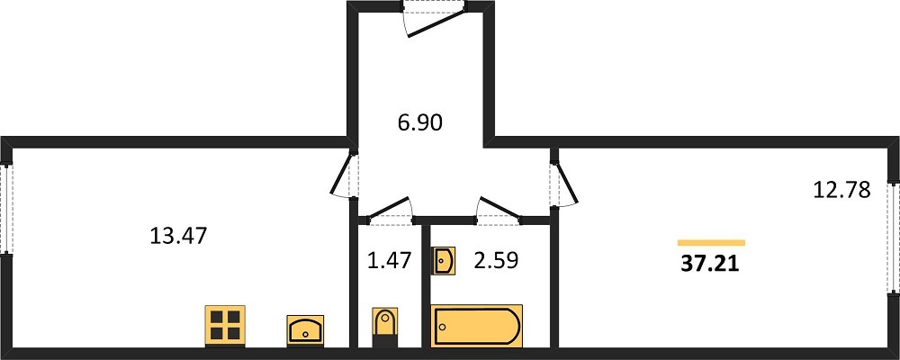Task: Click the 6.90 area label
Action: pyautogui.click(x=420, y=122)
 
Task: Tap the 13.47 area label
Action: pyautogui.click(x=177, y=236)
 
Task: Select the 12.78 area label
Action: pyautogui.click(x=842, y=190)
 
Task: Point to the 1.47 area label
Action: pyautogui.click(x=390, y=261)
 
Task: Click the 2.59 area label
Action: pyautogui.click(x=496, y=261)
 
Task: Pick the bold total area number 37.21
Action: pyautogui.click(x=710, y=264)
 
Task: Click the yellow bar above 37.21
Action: pyautogui.click(x=711, y=243)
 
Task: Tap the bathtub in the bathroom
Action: pyautogui.click(x=476, y=326)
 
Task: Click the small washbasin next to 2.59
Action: pyautogui.click(x=443, y=261)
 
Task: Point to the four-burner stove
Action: pyautogui.click(x=226, y=326)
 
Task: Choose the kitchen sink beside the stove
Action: pyautogui.click(x=305, y=330)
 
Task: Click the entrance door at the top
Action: pyautogui.click(x=434, y=19)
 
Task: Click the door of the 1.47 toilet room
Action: pyautogui.click(x=389, y=209)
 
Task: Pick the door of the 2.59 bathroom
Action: pyautogui.click(x=499, y=209)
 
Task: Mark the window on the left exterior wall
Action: pyautogui.click(x=5, y=209)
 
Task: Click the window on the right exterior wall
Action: pyautogui.click(x=893, y=237)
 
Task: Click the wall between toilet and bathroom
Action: pyautogui.click(x=426, y=284)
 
